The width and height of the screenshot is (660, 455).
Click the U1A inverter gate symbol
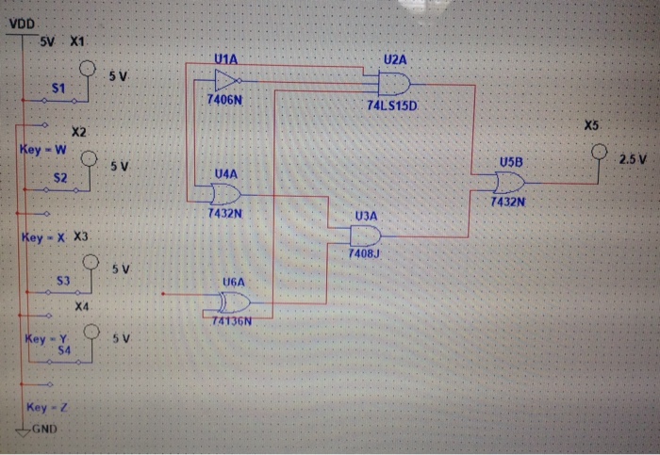[231, 80]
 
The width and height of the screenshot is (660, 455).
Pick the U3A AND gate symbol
[365, 236]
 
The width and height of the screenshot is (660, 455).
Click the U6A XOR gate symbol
[232, 301]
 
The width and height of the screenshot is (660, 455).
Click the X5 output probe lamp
[597, 152]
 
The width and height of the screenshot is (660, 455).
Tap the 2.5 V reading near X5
[632, 157]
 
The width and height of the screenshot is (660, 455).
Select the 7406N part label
[225, 99]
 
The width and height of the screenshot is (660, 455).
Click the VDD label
[22, 22]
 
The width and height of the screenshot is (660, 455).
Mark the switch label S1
[58, 87]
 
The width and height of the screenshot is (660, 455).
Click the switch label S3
[64, 281]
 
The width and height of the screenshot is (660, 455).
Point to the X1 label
[76, 42]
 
